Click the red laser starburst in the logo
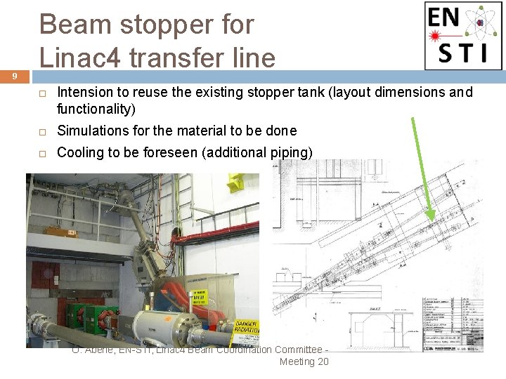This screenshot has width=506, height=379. click(436, 35)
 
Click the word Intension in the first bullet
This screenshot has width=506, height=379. click(84, 93)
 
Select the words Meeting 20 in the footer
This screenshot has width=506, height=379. click(304, 361)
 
